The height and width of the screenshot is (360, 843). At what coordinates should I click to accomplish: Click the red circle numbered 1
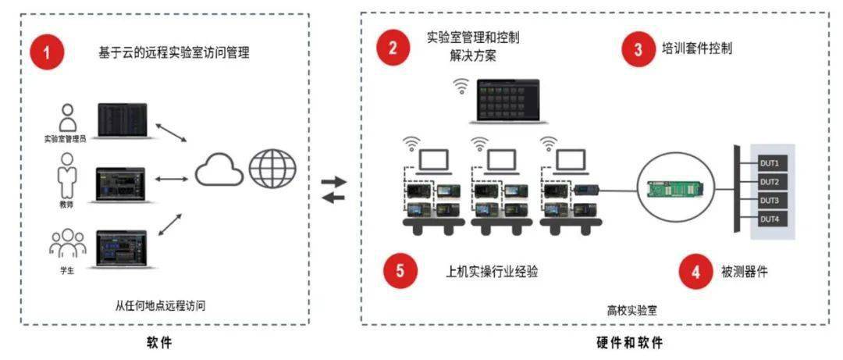pyautogui.click(x=48, y=53)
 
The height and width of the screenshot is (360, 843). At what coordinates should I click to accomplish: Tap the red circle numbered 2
pyautogui.click(x=393, y=48)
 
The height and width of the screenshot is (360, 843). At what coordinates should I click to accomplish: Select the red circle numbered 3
pyautogui.click(x=638, y=49)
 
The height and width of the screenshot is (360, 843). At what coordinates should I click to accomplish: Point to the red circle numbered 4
pyautogui.click(x=695, y=273)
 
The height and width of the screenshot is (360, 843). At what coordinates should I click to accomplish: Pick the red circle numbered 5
pyautogui.click(x=400, y=271)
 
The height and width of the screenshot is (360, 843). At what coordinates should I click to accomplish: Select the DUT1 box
pyautogui.click(x=772, y=163)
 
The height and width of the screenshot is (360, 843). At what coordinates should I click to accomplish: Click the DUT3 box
pyautogui.click(x=772, y=201)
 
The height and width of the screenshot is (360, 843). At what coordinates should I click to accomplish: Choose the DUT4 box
pyautogui.click(x=772, y=219)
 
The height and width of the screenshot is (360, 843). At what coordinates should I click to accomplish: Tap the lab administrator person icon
pyautogui.click(x=67, y=118)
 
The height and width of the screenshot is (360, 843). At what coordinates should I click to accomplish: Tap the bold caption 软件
pyautogui.click(x=160, y=343)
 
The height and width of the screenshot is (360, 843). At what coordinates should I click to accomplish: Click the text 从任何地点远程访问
pyautogui.click(x=160, y=306)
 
